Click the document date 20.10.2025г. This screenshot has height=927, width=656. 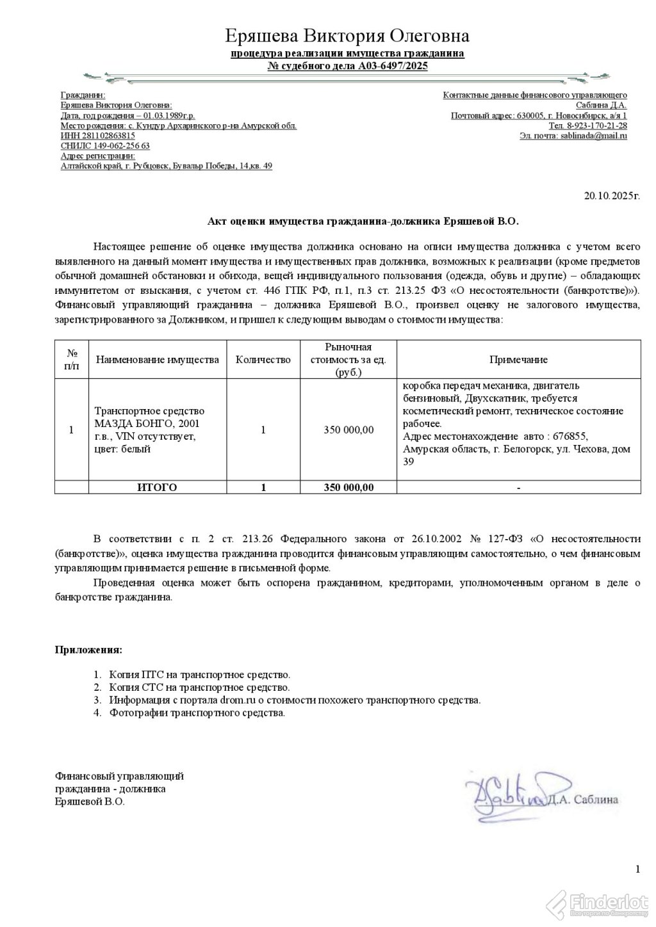click(611, 196)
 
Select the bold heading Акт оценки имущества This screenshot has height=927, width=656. click(363, 222)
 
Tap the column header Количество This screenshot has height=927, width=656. click(263, 360)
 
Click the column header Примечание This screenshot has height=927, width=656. click(518, 360)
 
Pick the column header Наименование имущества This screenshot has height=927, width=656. click(157, 360)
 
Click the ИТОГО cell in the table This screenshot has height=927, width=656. click(157, 487)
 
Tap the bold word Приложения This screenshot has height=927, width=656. click(88, 650)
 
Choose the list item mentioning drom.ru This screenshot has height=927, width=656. click(294, 700)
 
